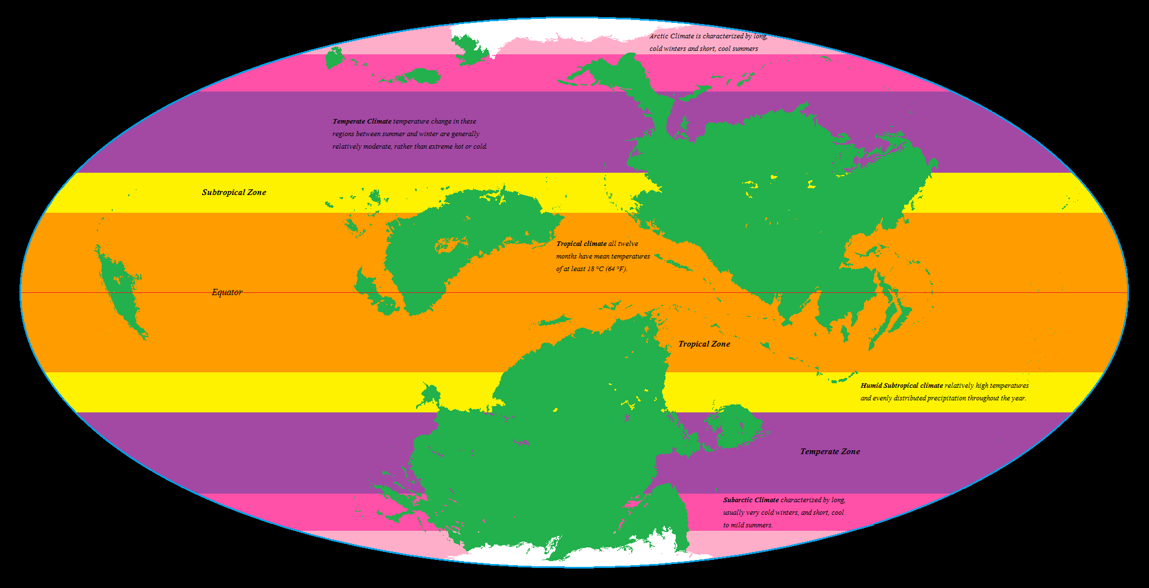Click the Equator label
pos(227,292)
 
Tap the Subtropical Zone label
pos(233,193)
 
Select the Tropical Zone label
pos(704,344)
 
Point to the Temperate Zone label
pos(830,452)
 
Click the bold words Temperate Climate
pos(362,121)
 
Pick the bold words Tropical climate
pos(581,244)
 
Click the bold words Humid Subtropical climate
pos(901,386)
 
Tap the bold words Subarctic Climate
pos(751,500)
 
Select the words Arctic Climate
pos(671,36)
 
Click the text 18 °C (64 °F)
pos(607,269)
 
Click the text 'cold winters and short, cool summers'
pos(703,49)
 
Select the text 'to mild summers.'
pos(747,525)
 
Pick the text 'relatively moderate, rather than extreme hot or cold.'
pos(410,146)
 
